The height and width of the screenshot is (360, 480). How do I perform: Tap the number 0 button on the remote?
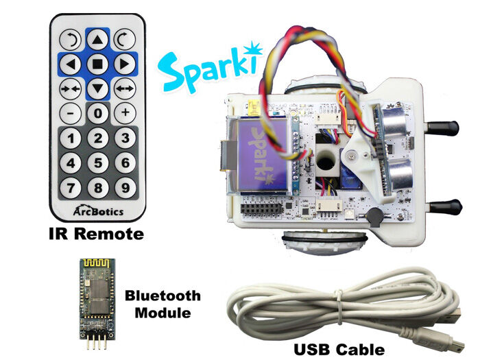(98, 112)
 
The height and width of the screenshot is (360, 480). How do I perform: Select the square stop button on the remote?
(98, 64)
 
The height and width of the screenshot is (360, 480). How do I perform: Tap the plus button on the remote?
(124, 112)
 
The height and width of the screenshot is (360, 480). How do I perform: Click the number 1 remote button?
(73, 139)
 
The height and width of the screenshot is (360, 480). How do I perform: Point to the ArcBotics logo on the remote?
(98, 211)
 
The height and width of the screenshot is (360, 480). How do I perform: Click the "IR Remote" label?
(97, 235)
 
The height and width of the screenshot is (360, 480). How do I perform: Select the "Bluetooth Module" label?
(163, 304)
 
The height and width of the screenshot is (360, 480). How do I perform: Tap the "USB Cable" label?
(339, 349)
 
